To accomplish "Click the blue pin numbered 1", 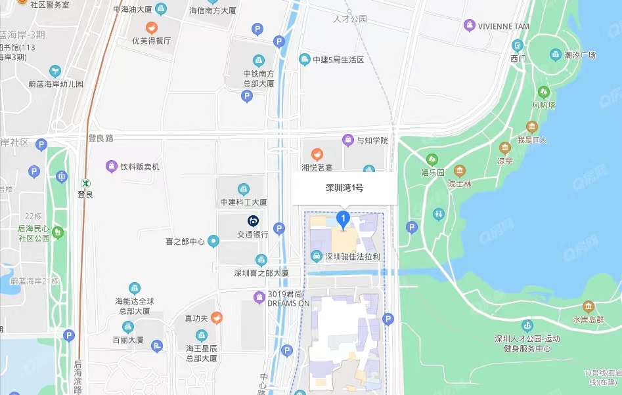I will pos(342,218).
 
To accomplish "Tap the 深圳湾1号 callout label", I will pos(344,188).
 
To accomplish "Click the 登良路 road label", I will pos(100,138).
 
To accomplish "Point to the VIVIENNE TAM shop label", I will pos(503,26).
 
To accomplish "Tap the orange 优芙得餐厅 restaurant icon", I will pos(152,28).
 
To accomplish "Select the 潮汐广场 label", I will pos(580,55).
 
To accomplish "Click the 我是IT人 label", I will pos(531,140).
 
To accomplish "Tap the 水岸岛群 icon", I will pos(588,306).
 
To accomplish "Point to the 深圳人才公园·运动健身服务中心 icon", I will pos(527,325).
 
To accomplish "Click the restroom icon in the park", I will pos(439,214).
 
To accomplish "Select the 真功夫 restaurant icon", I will pos(216,318).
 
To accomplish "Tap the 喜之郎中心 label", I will pos(185,241).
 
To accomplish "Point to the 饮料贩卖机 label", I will pos(139,167).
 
